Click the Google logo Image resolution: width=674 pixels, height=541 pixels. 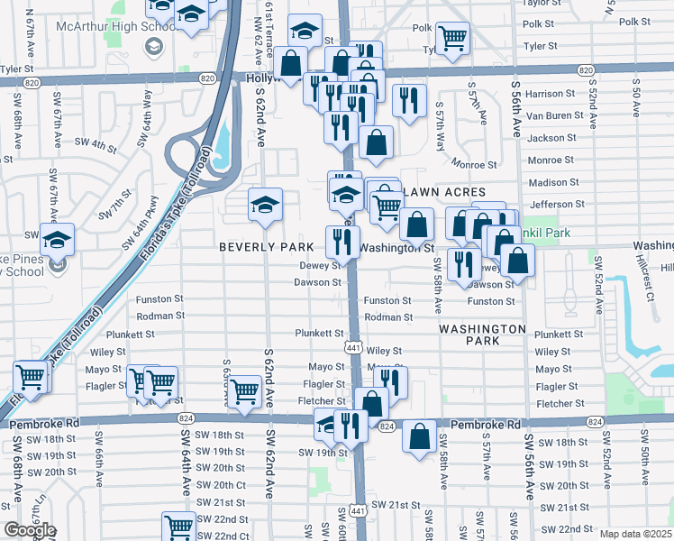tap(30, 531)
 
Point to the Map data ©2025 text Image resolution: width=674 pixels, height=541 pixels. tap(635, 534)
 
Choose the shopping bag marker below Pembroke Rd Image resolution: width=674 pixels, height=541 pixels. tap(420, 439)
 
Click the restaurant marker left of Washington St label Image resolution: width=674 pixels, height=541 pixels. tap(342, 242)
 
